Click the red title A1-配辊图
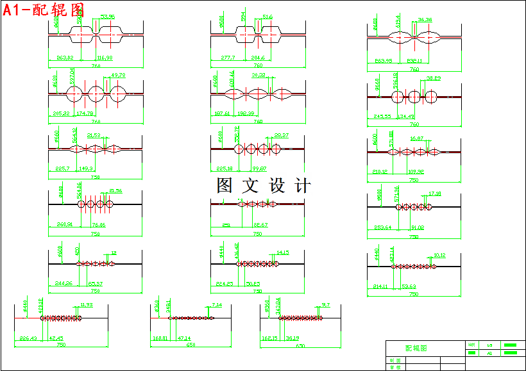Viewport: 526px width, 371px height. pos(44,10)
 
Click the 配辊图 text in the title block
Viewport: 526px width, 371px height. pos(416,348)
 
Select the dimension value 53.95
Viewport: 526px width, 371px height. pos(108,17)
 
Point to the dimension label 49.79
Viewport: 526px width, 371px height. pos(119,75)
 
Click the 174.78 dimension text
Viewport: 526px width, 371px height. pos(85,113)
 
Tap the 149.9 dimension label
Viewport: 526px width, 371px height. pos(87,169)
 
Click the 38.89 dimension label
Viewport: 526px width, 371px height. pos(434,78)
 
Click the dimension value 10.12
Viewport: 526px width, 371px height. pos(439,255)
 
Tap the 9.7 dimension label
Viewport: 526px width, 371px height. pos(326,305)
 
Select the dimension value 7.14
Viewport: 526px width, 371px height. pos(217,305)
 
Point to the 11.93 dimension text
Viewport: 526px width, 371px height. pos(86,305)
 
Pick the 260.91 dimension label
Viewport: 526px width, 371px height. pos(65,225)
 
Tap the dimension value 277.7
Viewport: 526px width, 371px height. pos(228,58)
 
